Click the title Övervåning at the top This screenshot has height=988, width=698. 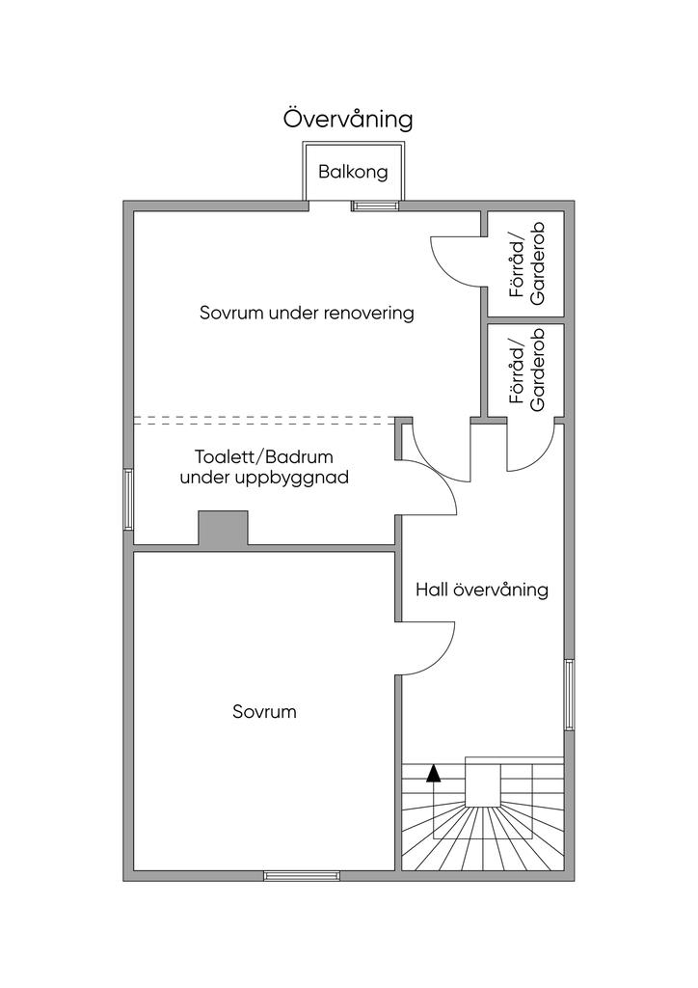pyautogui.click(x=348, y=119)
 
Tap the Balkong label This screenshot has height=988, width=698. pyautogui.click(x=353, y=173)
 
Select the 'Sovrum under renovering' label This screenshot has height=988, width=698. pyautogui.click(x=307, y=314)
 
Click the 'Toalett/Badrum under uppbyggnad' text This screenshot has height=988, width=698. pyautogui.click(x=263, y=467)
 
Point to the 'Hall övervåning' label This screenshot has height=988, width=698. pyautogui.click(x=481, y=590)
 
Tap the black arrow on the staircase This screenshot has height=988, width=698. pyautogui.click(x=434, y=772)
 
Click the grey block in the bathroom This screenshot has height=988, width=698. pyautogui.click(x=223, y=529)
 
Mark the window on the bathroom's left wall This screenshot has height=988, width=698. pyautogui.click(x=128, y=499)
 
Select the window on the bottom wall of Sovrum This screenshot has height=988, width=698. pyautogui.click(x=302, y=876)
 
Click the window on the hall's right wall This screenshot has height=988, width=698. pyautogui.click(x=569, y=696)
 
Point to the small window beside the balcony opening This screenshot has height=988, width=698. pyautogui.click(x=375, y=206)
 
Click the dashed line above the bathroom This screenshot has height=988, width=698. pyautogui.click(x=265, y=421)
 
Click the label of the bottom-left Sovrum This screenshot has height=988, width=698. pyautogui.click(x=264, y=713)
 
